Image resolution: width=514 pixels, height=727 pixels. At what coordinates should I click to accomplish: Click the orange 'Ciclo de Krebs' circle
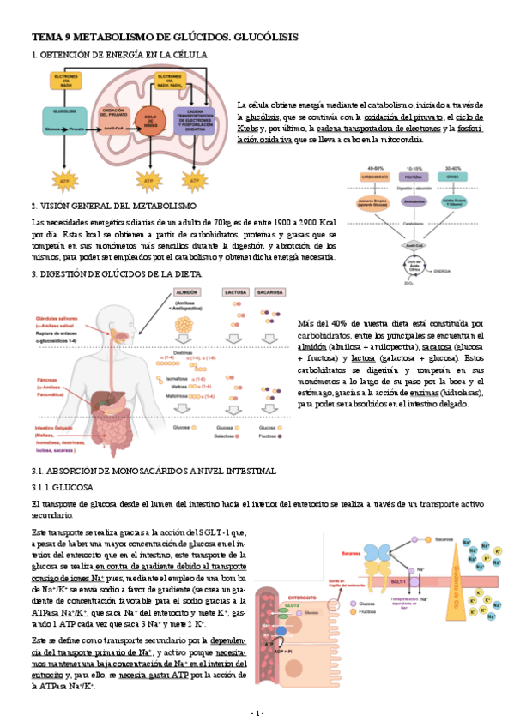pyautogui.click(x=153, y=118)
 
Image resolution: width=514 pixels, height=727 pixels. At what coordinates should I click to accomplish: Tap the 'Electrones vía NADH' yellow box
pyautogui.click(x=66, y=80)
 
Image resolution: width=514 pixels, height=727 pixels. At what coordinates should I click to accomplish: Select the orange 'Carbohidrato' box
pyautogui.click(x=375, y=177)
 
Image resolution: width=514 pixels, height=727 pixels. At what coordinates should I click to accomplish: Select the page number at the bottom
pyautogui.click(x=257, y=713)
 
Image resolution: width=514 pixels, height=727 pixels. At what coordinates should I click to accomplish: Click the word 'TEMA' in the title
pyautogui.click(x=45, y=38)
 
